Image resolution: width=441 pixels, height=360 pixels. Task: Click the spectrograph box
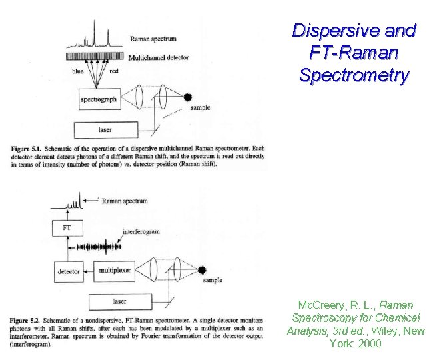(99, 100)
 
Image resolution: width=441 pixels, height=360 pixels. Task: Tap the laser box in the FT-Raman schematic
(119, 301)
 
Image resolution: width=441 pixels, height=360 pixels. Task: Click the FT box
(67, 228)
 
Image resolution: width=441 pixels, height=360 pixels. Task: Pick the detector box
(69, 271)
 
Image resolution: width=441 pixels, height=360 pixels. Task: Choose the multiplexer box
(115, 271)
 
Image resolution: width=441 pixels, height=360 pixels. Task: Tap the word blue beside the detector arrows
(78, 71)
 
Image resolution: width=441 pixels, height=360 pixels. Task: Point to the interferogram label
(141, 232)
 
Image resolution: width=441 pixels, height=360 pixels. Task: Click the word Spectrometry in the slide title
(354, 75)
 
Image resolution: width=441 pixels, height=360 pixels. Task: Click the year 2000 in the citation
(370, 344)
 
